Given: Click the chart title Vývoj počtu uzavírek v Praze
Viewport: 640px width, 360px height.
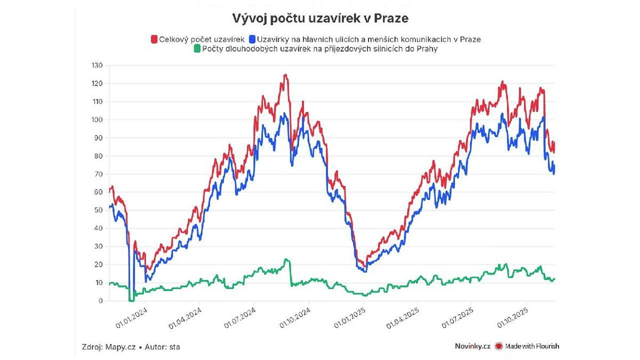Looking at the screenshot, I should tap(320, 19).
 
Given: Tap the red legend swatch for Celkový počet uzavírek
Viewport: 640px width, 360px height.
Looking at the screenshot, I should tap(154, 39).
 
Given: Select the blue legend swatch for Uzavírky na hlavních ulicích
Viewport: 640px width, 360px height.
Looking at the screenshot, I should tap(252, 39).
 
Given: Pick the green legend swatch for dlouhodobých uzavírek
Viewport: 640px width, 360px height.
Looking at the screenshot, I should tap(197, 49).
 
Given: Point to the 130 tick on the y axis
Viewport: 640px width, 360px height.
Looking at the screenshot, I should tap(97, 66).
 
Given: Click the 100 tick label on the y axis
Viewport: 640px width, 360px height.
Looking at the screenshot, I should tap(97, 120).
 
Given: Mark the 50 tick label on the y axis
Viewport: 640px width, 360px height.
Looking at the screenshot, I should tap(98, 211).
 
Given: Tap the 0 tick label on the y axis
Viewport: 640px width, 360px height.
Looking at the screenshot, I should tap(99, 301).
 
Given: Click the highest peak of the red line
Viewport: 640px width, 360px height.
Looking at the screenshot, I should tap(286, 75).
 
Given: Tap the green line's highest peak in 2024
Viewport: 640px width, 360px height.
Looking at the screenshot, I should tap(286, 260).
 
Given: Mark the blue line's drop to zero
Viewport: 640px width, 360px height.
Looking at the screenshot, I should tap(131, 300).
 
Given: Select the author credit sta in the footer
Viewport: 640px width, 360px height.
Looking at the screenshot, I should tap(174, 347).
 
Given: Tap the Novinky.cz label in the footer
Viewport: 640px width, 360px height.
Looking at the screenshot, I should tap(473, 346).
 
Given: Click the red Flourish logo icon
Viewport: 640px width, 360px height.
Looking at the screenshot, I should tap(499, 346).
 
